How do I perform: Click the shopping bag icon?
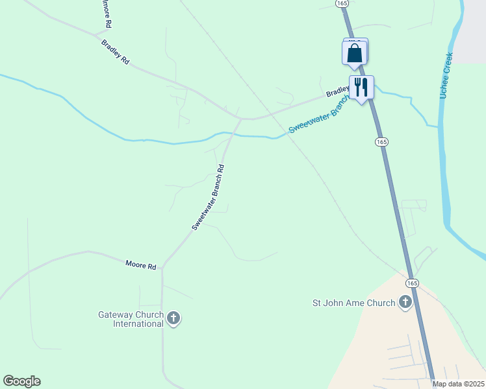(354, 54)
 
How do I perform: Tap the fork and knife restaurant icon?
(361, 87)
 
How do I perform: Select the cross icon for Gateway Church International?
(173, 318)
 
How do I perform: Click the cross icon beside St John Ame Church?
(405, 301)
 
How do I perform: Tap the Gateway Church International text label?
(131, 319)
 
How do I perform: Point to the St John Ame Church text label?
(353, 303)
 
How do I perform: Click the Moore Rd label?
(141, 266)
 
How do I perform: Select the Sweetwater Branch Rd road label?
(208, 197)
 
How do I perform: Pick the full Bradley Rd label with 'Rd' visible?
(116, 52)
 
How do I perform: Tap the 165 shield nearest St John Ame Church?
(412, 283)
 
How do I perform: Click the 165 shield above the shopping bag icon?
(342, 3)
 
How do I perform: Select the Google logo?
(21, 381)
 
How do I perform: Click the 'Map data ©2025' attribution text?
(458, 384)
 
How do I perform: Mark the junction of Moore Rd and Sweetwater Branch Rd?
(162, 266)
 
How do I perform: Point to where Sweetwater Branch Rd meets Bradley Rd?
(240, 119)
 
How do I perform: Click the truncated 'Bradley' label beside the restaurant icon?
(337, 92)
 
